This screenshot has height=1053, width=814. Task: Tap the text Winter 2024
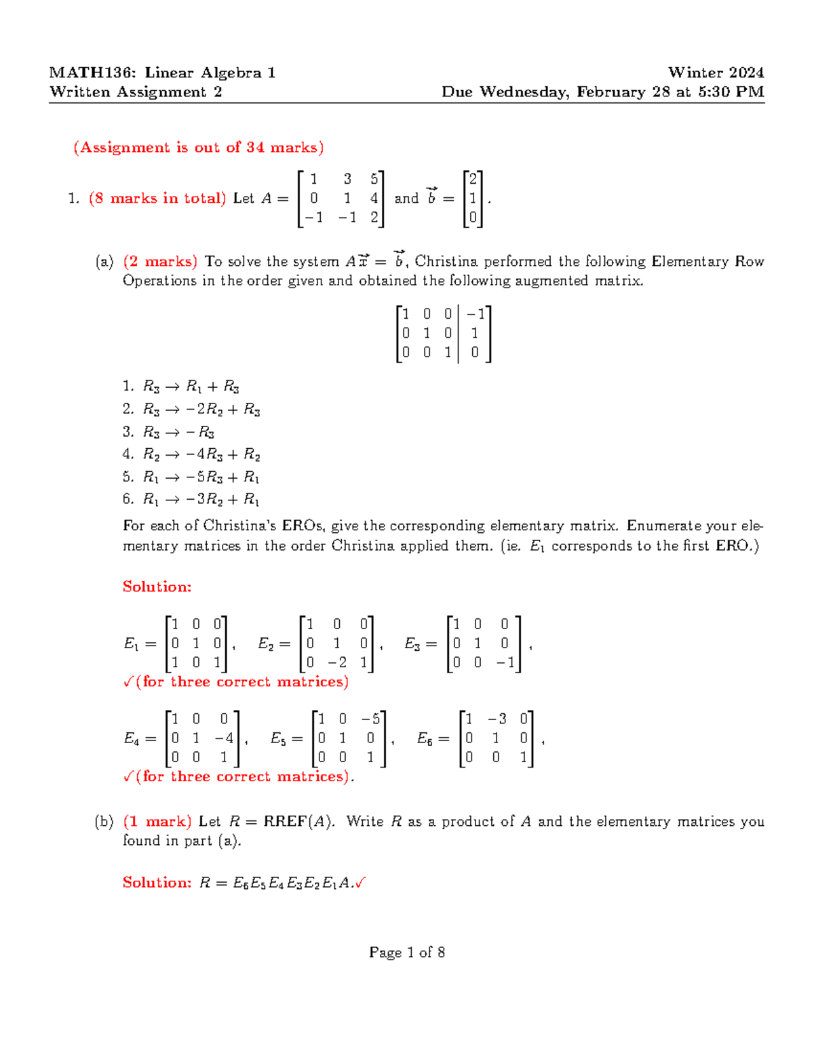tap(716, 73)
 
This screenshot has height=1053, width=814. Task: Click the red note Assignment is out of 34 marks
tap(199, 148)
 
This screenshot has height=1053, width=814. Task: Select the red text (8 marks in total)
tap(157, 199)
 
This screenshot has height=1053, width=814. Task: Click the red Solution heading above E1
tap(157, 587)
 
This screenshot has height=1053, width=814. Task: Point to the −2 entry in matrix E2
tap(336, 662)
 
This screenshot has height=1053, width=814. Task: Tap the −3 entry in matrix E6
tap(497, 719)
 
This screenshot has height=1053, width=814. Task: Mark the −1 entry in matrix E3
tap(505, 662)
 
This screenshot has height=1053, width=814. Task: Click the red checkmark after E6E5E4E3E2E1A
tap(360, 883)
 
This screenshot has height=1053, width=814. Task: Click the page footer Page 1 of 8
tap(407, 953)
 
